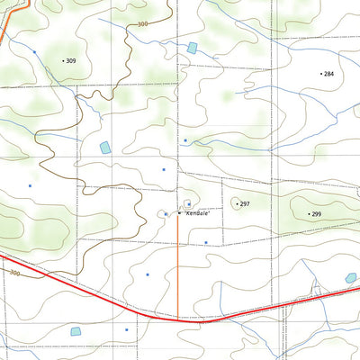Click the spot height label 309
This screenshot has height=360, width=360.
coord(72,60)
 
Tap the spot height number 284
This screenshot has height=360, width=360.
coord(328,73)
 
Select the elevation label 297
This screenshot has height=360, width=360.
coord(245,204)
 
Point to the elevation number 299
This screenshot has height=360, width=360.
coord(316,214)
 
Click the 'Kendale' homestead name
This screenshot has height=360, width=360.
coord(198,214)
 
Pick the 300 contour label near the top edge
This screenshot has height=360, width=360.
coord(144,25)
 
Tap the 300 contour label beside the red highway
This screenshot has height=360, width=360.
coord(15,273)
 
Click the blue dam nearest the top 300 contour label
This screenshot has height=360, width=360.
coord(192,48)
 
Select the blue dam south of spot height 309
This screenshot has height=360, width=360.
coord(104,147)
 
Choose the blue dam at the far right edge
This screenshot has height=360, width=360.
coord(350,279)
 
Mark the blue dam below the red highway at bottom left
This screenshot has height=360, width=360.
coord(76,331)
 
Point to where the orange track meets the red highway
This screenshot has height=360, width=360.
coord(177,319)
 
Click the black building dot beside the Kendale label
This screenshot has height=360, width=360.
coord(178,213)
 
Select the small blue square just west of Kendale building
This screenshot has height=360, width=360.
coord(166,214)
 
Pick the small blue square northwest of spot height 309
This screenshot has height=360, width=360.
coord(34,52)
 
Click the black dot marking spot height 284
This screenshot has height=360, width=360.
coord(321,73)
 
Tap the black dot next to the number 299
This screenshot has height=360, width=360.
coord(308,214)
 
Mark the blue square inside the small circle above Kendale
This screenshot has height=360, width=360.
coord(187,203)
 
